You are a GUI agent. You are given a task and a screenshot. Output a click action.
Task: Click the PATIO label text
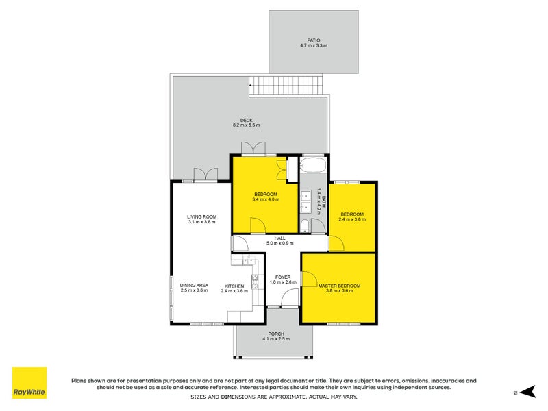(314, 40)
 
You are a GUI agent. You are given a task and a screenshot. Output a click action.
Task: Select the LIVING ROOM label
(201, 216)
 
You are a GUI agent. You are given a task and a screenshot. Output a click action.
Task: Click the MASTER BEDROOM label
(339, 285)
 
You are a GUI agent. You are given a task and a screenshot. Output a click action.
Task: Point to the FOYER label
(283, 277)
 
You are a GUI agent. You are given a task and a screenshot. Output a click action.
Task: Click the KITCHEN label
(234, 286)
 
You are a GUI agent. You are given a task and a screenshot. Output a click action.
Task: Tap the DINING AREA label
(194, 285)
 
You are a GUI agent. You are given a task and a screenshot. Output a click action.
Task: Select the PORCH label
(276, 334)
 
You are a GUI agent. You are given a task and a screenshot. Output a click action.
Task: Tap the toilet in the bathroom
(304, 227)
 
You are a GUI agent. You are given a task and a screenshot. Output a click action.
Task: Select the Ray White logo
(29, 383)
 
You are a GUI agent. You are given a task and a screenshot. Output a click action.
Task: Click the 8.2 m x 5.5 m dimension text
(246, 125)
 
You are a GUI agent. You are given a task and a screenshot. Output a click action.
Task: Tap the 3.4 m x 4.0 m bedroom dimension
(265, 199)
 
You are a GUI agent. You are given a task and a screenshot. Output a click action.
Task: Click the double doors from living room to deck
(204, 175)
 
